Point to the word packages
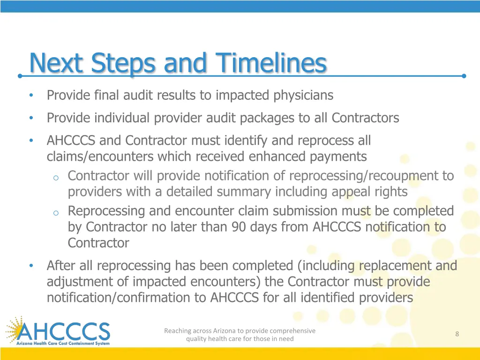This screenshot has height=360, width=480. [267, 118]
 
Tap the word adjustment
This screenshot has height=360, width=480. [78, 282]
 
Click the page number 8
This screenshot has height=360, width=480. [457, 334]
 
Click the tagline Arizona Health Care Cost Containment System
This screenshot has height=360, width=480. [63, 344]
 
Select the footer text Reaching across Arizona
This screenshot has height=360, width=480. [240, 331]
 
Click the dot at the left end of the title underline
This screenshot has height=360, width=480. [20, 75]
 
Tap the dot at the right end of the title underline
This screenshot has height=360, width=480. [464, 75]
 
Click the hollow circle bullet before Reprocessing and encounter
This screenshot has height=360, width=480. [55, 212]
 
